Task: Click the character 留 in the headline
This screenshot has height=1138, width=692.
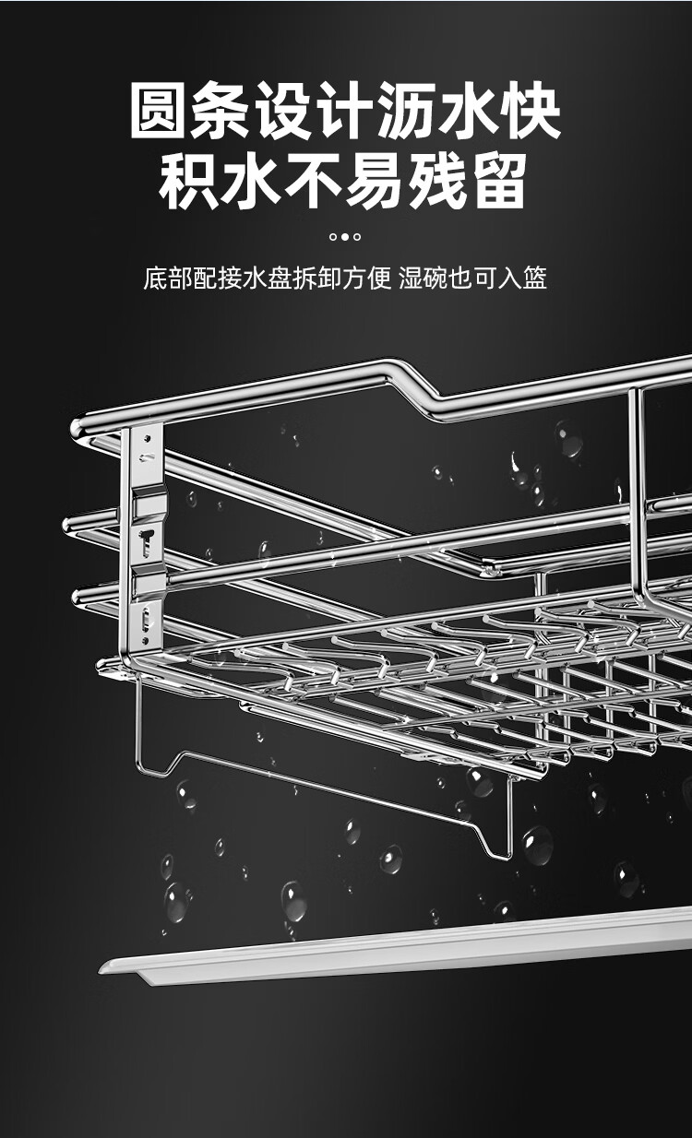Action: pos(501,182)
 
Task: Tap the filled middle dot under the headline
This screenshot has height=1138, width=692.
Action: pos(345,236)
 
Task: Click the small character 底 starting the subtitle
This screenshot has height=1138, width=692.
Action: pos(156,278)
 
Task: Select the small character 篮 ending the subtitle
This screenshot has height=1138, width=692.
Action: pos(535,278)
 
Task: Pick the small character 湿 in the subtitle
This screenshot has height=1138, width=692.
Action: pos(411,278)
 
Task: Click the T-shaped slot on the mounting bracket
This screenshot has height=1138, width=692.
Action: pos(147,541)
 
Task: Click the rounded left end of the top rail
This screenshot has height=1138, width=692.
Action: pos(78,428)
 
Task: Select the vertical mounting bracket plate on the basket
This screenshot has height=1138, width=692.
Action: pos(145,539)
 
